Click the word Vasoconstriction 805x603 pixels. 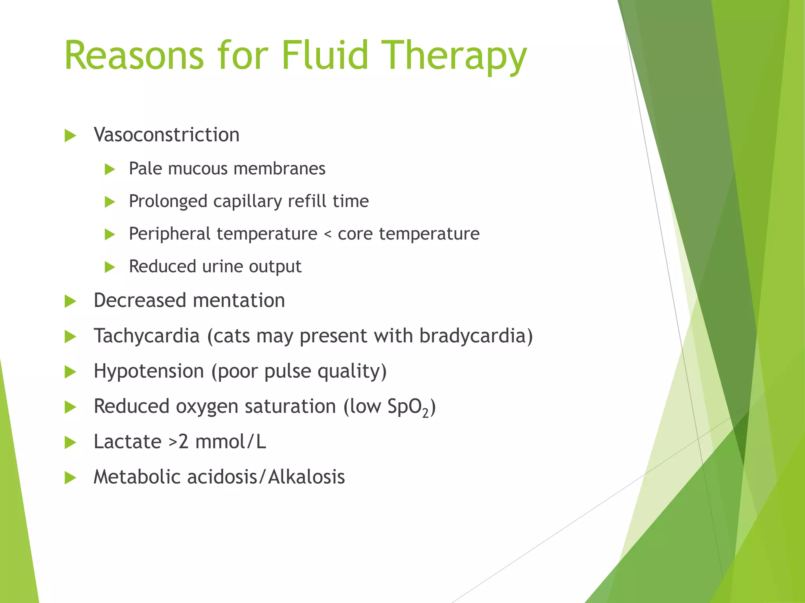pyautogui.click(x=167, y=135)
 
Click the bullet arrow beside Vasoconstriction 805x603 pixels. pyautogui.click(x=70, y=136)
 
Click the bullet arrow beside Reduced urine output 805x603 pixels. pyautogui.click(x=110, y=268)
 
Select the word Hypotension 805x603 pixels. pyautogui.click(x=149, y=371)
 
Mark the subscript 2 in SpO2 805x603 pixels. pyautogui.click(x=425, y=413)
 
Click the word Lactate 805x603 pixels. pyautogui.click(x=127, y=442)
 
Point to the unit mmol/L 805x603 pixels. pyautogui.click(x=231, y=442)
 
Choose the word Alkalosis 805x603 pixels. pyautogui.click(x=307, y=477)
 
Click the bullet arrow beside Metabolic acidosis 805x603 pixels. pyautogui.click(x=70, y=478)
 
